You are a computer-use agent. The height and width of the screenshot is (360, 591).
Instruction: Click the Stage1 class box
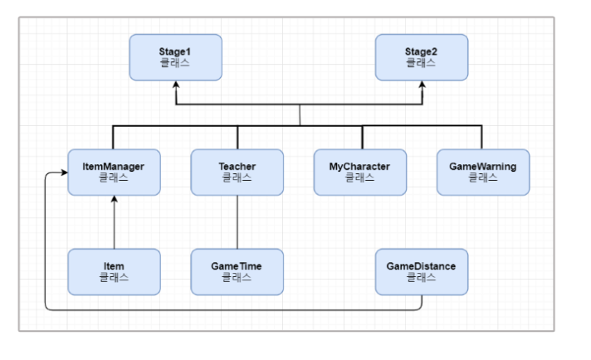point(175,57)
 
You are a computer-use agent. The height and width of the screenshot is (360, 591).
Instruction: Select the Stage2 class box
point(421,57)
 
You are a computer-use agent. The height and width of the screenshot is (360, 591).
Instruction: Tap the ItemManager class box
point(114,172)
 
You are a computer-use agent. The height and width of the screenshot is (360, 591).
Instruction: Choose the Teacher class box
point(237,172)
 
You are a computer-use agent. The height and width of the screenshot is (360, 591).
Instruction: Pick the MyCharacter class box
point(360,172)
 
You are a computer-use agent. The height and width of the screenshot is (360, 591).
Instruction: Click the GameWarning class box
point(482,172)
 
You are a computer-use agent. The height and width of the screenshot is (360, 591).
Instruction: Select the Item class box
point(114,271)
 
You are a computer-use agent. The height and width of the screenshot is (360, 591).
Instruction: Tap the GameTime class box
point(237,271)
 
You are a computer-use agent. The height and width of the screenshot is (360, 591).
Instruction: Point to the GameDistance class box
point(421,271)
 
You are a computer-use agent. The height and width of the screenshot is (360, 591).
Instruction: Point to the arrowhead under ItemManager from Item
point(114,201)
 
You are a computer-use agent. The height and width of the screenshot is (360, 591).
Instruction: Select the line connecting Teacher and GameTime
point(237,222)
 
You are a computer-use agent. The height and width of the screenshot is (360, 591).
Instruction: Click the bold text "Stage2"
point(421,51)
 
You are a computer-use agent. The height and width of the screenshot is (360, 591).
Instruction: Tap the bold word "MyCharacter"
point(360,166)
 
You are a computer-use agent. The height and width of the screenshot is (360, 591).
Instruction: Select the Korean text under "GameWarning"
point(482,178)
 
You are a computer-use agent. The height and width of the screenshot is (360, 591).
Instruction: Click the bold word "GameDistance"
point(421,265)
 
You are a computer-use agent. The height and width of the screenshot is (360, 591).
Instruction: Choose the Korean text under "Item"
point(114,277)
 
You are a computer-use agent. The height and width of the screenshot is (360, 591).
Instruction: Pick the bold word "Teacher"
point(237,166)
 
